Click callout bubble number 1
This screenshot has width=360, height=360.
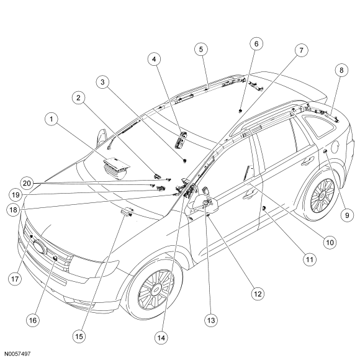tap(52, 119)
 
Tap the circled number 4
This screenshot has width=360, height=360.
tap(154, 59)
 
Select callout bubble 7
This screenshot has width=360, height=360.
tap(301, 50)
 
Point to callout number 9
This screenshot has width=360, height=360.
tap(347, 215)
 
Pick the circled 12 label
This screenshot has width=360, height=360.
tap(258, 294)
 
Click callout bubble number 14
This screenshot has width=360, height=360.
tap(161, 338)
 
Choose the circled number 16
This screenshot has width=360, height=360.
tap(33, 320)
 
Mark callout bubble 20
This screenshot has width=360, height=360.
tap(27, 183)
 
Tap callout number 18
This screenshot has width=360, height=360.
tap(13, 210)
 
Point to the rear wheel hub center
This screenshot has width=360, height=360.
tap(322, 196)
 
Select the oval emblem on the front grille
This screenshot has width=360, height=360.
tap(40, 246)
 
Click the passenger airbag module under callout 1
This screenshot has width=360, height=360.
tap(117, 168)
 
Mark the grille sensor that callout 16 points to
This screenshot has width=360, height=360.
tap(55, 258)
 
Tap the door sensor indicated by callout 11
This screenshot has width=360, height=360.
tap(264, 208)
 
